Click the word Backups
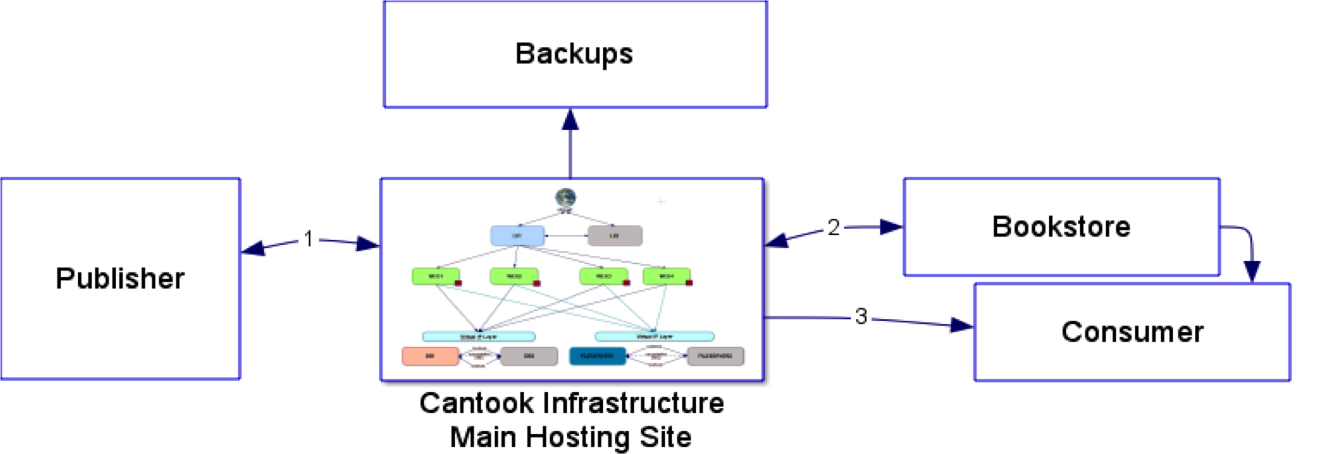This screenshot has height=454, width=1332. (x=574, y=54)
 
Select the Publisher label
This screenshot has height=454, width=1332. (x=120, y=279)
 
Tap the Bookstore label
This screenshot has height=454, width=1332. (x=1061, y=227)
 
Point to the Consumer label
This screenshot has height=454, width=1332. (x=1132, y=332)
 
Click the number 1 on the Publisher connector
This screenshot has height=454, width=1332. (x=309, y=239)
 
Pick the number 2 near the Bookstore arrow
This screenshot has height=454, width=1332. (x=833, y=227)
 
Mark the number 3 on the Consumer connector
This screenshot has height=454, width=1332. (x=861, y=316)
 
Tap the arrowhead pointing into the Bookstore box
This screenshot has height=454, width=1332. (x=891, y=227)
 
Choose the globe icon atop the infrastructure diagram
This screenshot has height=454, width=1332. (x=566, y=198)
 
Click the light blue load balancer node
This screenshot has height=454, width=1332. (x=517, y=236)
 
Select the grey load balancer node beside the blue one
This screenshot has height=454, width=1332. (x=615, y=236)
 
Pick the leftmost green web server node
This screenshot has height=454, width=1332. (x=436, y=276)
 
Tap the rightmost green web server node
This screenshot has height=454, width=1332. (x=667, y=276)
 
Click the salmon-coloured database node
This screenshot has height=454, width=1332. (x=430, y=356)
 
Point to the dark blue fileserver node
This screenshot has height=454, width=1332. (x=597, y=356)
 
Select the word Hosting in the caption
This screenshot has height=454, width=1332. (x=577, y=438)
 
